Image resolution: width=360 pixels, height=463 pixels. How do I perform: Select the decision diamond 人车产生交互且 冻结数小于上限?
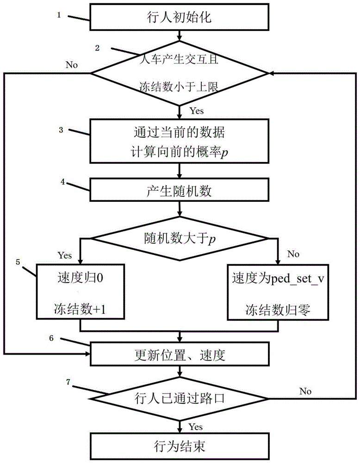pyautogui.click(x=180, y=74)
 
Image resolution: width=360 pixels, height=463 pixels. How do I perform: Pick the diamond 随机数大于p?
pyautogui.click(x=180, y=239)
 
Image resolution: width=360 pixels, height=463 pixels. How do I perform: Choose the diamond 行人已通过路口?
pyautogui.click(x=180, y=398)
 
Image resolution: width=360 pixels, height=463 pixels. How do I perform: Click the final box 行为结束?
pyautogui.click(x=180, y=446)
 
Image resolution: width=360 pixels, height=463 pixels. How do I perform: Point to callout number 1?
pyautogui.click(x=59, y=15)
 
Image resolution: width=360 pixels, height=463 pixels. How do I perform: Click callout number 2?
pyautogui.click(x=97, y=48)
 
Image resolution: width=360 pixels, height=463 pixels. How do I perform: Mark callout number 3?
pyautogui.click(x=61, y=131)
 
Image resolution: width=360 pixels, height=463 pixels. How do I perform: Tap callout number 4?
pyautogui.click(x=63, y=182)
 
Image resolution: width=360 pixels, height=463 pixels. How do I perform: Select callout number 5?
pyautogui.click(x=18, y=262)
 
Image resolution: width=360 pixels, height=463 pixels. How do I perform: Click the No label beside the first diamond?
pyautogui.click(x=72, y=64)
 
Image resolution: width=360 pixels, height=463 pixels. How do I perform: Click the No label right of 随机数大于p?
pyautogui.click(x=293, y=254)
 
